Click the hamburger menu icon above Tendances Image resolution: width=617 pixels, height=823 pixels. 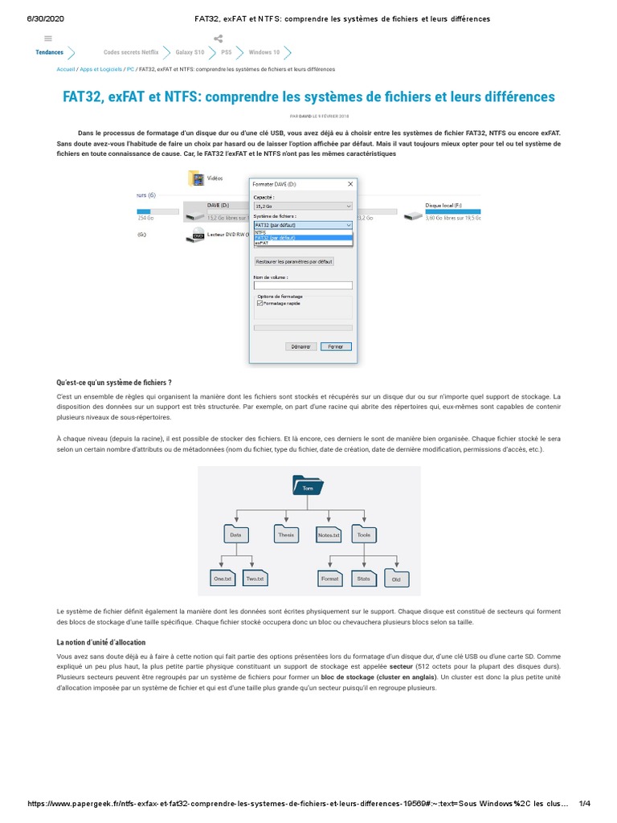49,38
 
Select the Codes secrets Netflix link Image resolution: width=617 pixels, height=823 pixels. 125,51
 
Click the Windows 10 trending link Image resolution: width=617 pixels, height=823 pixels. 264,51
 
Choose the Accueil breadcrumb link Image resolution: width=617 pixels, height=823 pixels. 66,69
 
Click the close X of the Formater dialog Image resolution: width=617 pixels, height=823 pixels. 349,183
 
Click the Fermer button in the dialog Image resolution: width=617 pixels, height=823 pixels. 336,346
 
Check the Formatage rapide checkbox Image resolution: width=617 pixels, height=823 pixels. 259,304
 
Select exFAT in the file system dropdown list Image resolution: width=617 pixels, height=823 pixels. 262,243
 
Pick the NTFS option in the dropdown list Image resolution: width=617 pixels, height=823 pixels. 261,233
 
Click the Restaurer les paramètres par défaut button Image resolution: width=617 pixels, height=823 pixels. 294,261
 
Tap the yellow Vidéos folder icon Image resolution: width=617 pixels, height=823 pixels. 195,178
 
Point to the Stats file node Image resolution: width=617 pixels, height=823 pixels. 364,578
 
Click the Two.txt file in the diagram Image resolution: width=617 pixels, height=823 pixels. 255,578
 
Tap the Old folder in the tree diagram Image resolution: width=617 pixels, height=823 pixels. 396,579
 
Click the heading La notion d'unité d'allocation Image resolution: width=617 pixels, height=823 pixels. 100,643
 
